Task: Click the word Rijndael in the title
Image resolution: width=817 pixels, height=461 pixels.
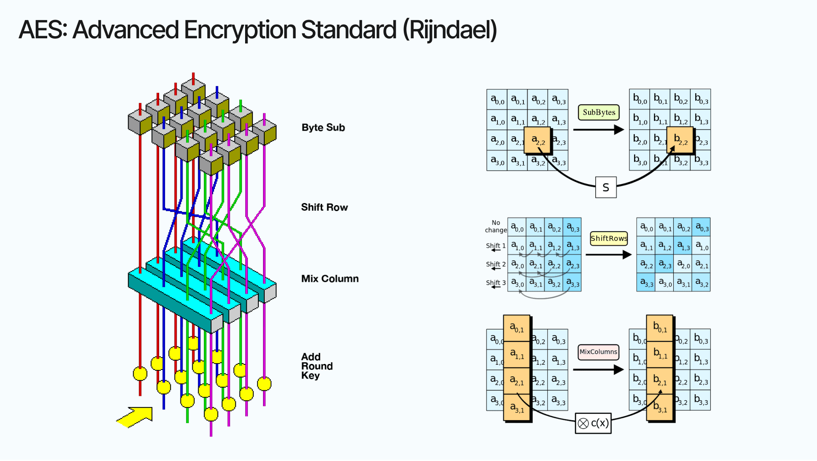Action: coord(450,30)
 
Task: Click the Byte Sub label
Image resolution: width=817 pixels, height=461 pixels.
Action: coord(323,127)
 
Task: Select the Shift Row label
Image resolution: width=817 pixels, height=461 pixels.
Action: coord(324,207)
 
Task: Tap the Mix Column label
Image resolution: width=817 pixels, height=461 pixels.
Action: coord(330,278)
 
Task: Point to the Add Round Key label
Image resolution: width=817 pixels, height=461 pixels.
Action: coord(316,366)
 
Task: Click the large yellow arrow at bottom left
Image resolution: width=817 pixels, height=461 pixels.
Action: coord(135,417)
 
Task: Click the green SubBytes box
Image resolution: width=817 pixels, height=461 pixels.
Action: coord(598,112)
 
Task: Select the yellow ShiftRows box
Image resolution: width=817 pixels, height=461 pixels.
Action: coord(608,238)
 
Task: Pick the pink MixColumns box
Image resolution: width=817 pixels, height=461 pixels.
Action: coord(598,352)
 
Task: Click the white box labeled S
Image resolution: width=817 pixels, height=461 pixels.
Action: coord(606,187)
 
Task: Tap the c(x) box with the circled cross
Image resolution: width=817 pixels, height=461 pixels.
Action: coord(593,423)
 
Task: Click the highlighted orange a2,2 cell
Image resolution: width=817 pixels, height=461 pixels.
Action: coord(537,140)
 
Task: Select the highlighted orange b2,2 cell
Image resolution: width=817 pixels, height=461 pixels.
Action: coord(680,140)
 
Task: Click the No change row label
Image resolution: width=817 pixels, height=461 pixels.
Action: coord(496,226)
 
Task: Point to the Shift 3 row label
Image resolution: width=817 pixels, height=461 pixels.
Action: coord(496,283)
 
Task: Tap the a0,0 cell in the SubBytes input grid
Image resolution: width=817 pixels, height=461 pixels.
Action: coord(497,100)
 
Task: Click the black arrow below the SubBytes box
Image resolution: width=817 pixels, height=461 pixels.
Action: coord(598,129)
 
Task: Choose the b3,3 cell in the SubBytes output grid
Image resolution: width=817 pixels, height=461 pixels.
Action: coord(701,160)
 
